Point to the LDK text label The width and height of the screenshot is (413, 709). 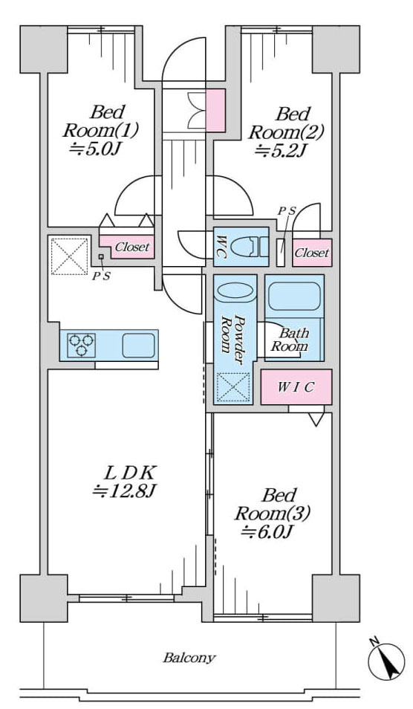(x=130, y=473)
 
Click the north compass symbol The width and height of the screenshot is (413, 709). (x=386, y=659)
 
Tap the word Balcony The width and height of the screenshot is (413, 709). (x=189, y=657)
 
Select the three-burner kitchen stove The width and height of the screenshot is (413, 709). (x=81, y=346)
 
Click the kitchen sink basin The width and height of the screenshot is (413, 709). (x=138, y=346)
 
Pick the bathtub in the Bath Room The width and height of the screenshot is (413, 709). (x=295, y=297)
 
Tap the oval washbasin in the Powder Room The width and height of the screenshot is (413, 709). (x=235, y=291)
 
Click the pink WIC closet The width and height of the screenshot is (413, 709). (x=296, y=387)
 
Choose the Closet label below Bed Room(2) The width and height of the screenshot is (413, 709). (x=312, y=253)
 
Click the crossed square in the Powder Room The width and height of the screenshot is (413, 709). (x=233, y=387)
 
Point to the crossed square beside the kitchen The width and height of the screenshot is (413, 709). (x=69, y=256)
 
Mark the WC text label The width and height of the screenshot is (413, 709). (x=221, y=247)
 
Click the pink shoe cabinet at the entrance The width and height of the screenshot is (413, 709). (x=215, y=110)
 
